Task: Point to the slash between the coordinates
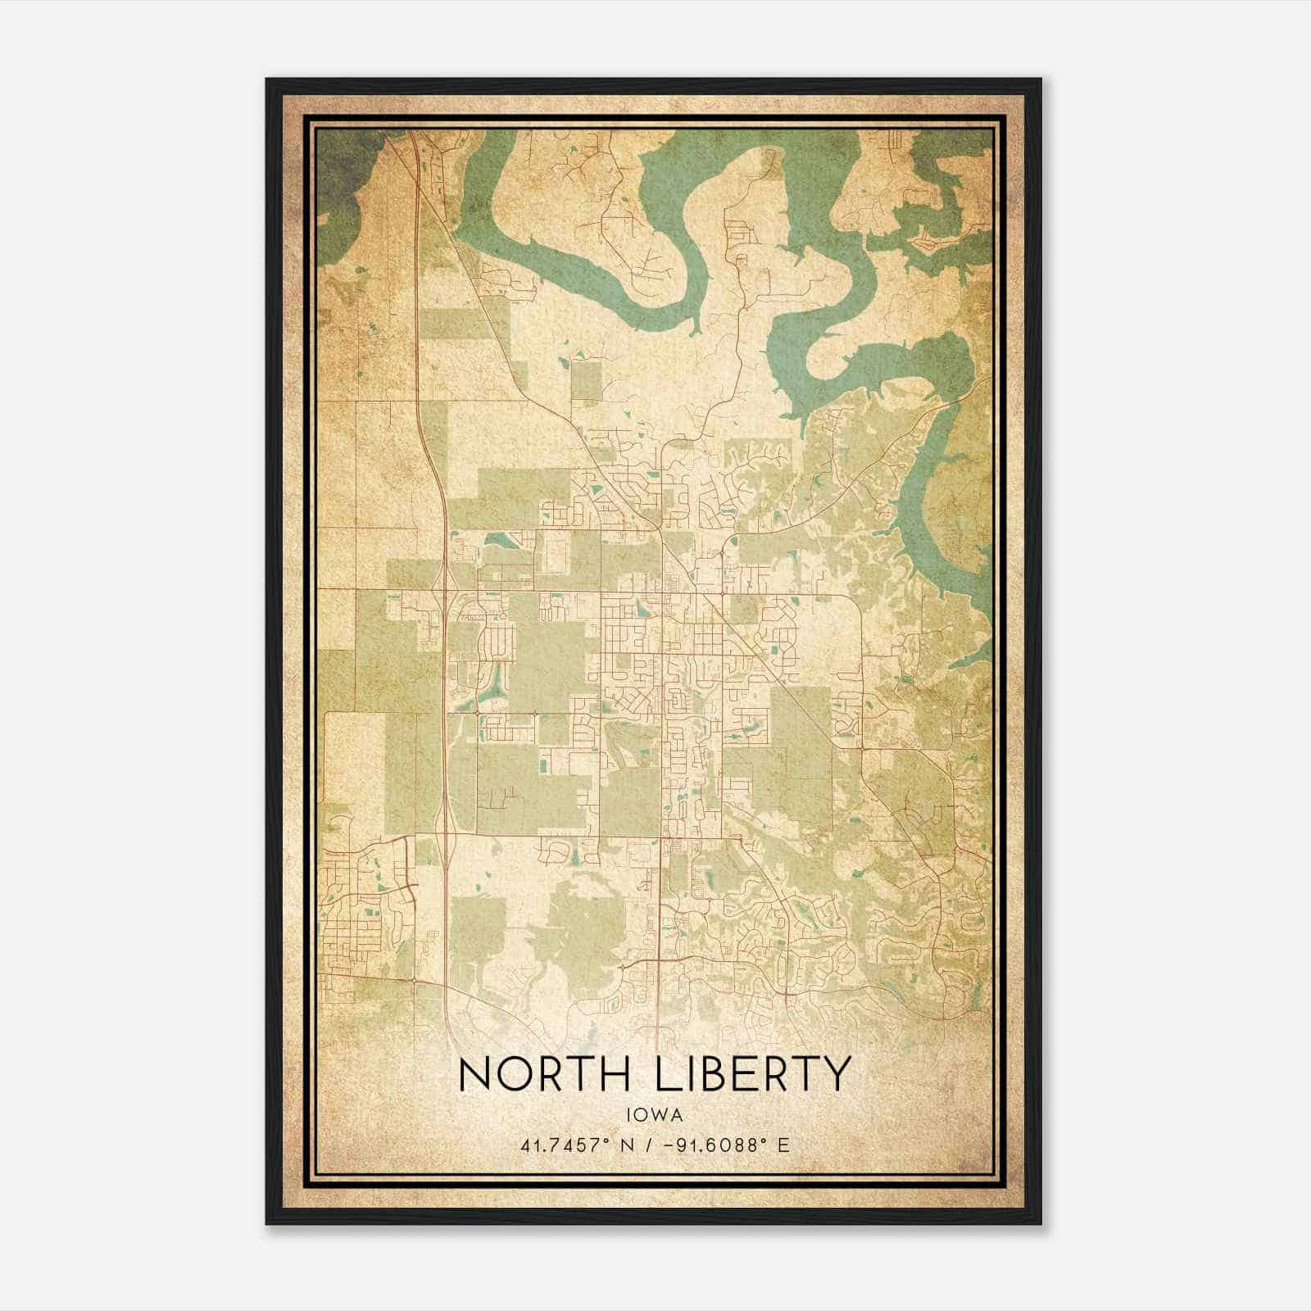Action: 651,1145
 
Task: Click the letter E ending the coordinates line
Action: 784,1145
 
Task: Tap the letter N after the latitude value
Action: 628,1145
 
